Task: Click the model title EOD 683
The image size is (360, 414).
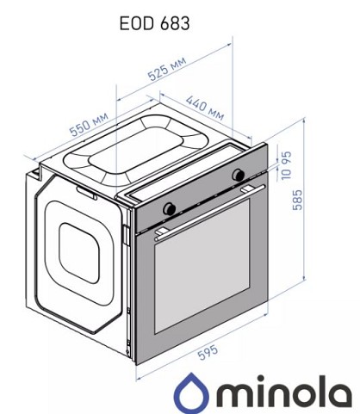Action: click(x=154, y=23)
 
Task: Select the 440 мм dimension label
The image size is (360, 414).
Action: click(x=205, y=108)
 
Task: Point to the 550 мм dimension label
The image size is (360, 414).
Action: click(x=90, y=124)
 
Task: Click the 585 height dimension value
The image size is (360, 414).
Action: click(x=297, y=200)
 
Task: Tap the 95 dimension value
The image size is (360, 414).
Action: click(x=286, y=158)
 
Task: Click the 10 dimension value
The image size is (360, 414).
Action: click(x=286, y=174)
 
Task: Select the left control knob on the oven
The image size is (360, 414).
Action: click(x=169, y=208)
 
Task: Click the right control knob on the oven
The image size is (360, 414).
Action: click(x=239, y=175)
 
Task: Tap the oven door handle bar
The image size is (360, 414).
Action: click(x=209, y=213)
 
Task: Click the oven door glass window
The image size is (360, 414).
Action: click(x=202, y=266)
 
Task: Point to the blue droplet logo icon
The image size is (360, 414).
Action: click(x=191, y=393)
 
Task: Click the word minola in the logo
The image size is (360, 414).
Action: click(x=285, y=392)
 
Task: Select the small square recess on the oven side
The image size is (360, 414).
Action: click(x=79, y=253)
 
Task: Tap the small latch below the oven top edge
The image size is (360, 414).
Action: click(x=86, y=193)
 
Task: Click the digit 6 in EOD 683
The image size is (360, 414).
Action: click(x=166, y=23)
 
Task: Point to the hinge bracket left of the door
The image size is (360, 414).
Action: click(x=127, y=235)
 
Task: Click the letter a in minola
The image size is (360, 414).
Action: click(x=342, y=393)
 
